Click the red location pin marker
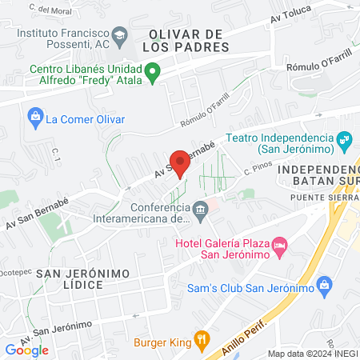coord(180,162)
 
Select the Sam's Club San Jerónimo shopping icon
coord(324,285)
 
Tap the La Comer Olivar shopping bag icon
coord(35,118)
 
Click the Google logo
coord(26,350)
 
